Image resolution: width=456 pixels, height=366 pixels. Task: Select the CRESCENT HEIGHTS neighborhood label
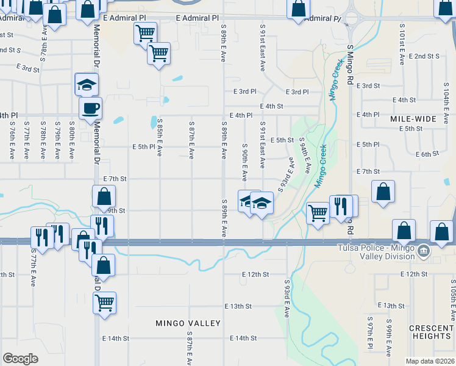coord(431,332)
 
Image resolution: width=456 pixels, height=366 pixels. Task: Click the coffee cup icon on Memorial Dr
coord(91,109)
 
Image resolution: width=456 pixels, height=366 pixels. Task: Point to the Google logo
coord(20,359)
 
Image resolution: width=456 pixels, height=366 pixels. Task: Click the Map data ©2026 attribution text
coord(430,361)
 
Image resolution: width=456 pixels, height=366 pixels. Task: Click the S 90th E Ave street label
coord(244,162)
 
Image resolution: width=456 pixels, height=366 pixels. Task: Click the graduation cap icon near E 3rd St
coord(87,84)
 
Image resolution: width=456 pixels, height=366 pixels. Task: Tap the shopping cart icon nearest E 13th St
coord(105,301)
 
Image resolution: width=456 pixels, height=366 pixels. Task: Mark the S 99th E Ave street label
coord(388,337)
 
